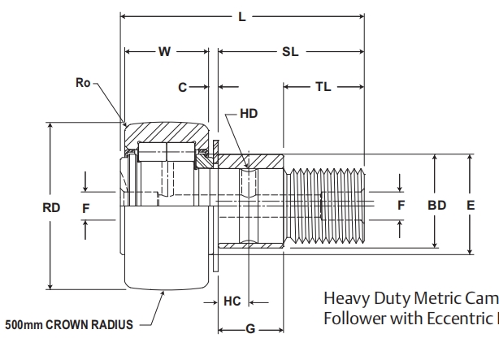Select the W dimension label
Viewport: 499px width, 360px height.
164,52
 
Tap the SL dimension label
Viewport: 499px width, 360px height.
289,52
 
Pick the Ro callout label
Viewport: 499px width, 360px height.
81,82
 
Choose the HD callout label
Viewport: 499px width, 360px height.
249,114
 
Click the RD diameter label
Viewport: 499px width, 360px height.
51,207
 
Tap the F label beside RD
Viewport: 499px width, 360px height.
86,207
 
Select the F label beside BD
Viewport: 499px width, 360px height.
401,206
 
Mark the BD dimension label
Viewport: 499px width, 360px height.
437,206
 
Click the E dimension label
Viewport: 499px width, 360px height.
470,206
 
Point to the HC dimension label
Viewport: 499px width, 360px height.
232,301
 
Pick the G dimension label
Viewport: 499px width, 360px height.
250,328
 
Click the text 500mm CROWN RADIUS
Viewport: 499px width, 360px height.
68,325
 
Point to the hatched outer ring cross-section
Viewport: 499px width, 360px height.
167,131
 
